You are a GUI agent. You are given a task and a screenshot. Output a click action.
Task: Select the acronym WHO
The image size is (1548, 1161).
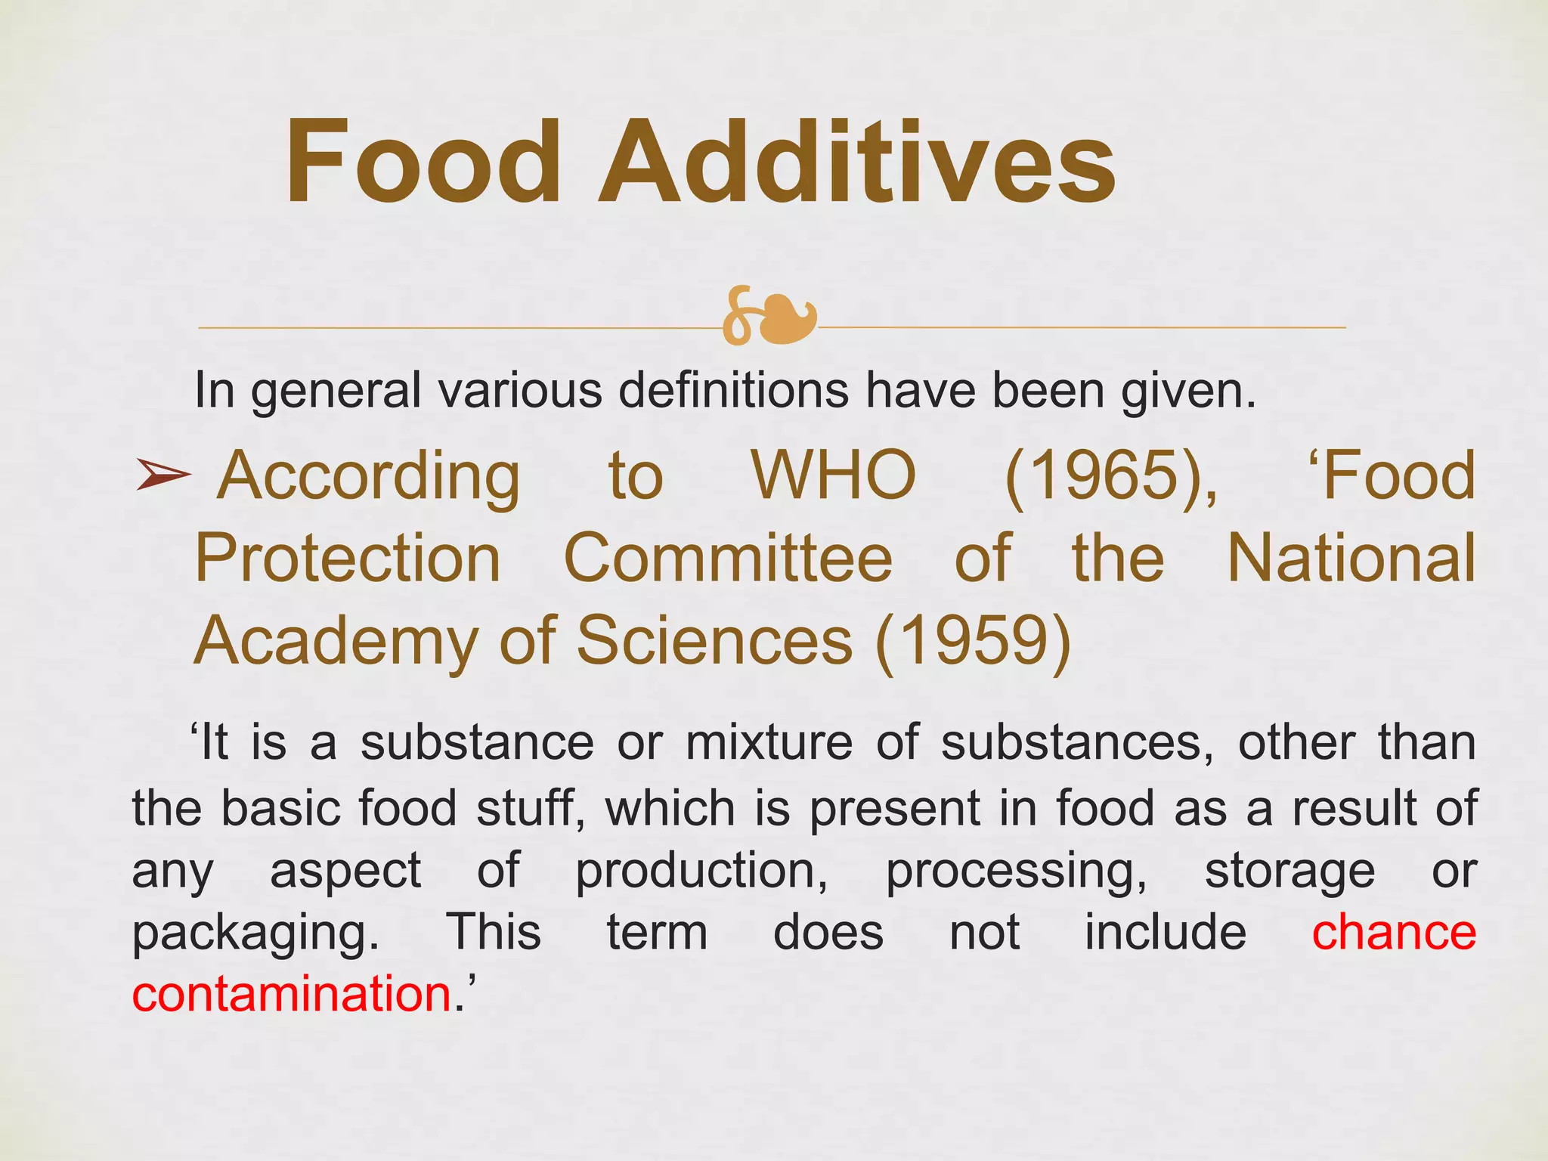tap(834, 476)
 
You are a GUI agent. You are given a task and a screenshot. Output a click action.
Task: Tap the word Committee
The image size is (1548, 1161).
tap(728, 559)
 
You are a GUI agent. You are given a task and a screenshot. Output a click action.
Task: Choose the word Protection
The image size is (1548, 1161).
tap(348, 559)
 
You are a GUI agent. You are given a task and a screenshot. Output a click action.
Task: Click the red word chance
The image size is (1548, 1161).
tap(1394, 932)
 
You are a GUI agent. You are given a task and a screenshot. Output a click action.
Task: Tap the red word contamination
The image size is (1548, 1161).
tap(292, 994)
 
